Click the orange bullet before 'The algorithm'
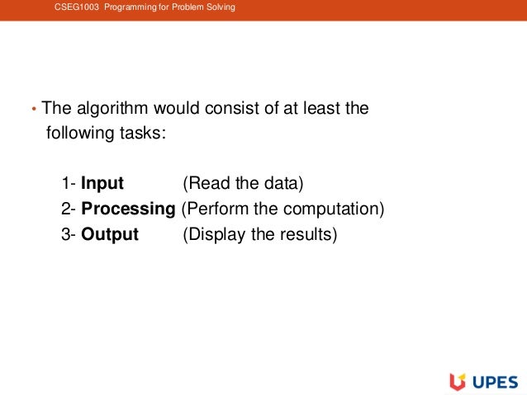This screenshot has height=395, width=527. [x=33, y=110]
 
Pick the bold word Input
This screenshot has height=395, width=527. [x=102, y=183]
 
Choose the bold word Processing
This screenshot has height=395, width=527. [x=128, y=209]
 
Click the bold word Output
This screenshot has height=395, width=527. [x=110, y=234]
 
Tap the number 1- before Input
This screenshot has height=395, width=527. [x=69, y=183]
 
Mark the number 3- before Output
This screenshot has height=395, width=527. [x=69, y=234]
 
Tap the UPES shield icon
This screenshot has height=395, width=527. [x=458, y=381]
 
